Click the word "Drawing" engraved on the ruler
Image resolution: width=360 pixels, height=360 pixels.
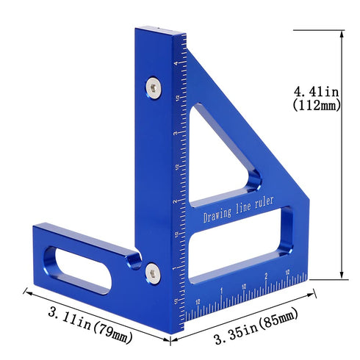(x=218, y=217)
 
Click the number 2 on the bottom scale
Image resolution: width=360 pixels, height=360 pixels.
(x=265, y=277)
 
